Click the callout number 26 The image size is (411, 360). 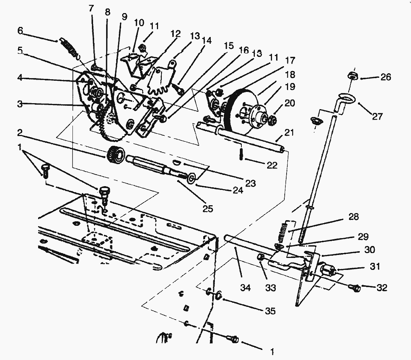pos(386,77)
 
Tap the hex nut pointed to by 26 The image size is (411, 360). pos(352,76)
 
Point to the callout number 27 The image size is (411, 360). pos(377,116)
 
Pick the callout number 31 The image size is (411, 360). pos(375,266)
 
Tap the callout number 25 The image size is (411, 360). pos(208,209)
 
